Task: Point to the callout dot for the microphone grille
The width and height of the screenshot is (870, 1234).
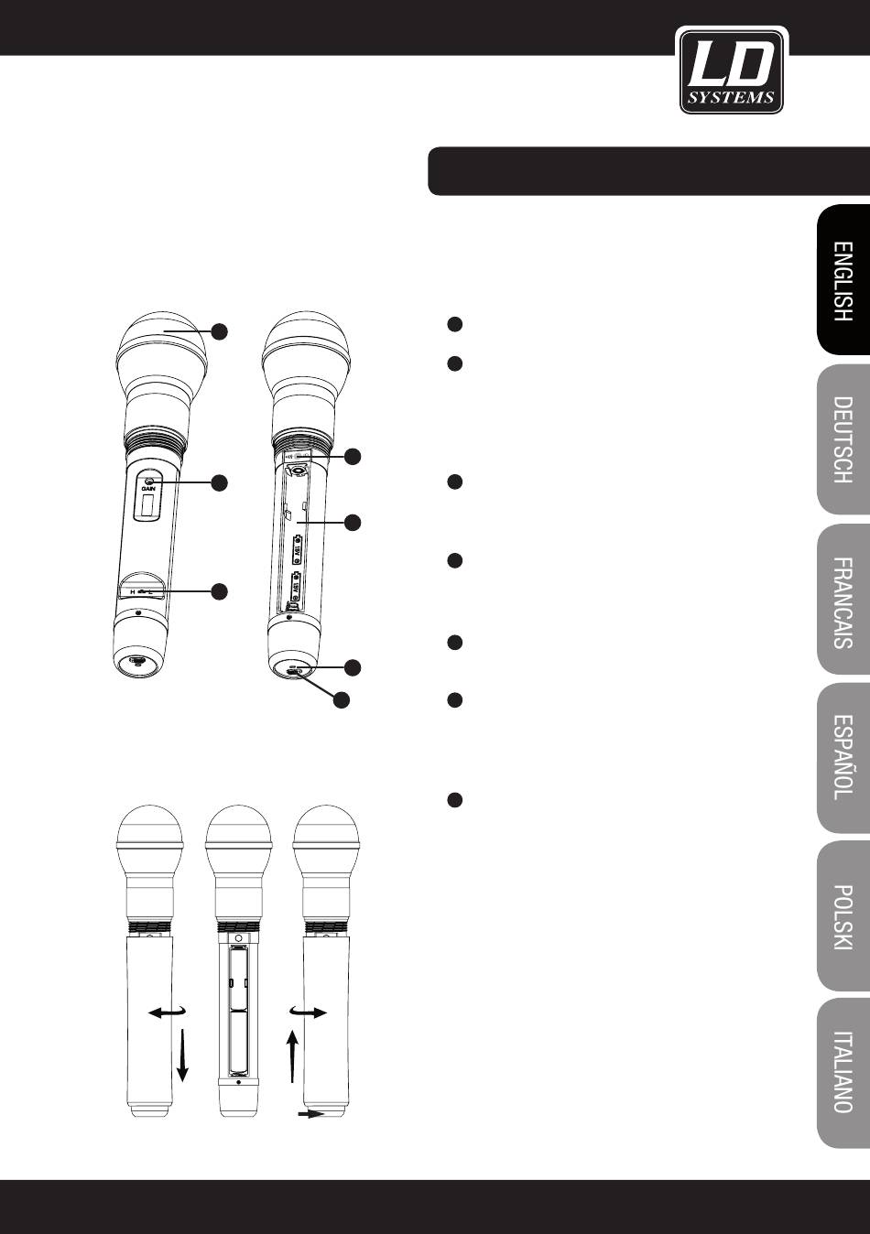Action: point(220,331)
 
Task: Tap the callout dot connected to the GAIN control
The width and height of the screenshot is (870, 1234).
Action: point(220,482)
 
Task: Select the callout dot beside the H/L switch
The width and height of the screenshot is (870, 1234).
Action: point(220,591)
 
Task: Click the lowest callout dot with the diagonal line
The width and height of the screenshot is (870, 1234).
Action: point(341,701)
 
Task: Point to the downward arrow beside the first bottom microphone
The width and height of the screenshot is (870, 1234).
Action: point(183,1054)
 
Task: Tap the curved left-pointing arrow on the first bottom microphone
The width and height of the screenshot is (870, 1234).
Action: point(166,1012)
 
